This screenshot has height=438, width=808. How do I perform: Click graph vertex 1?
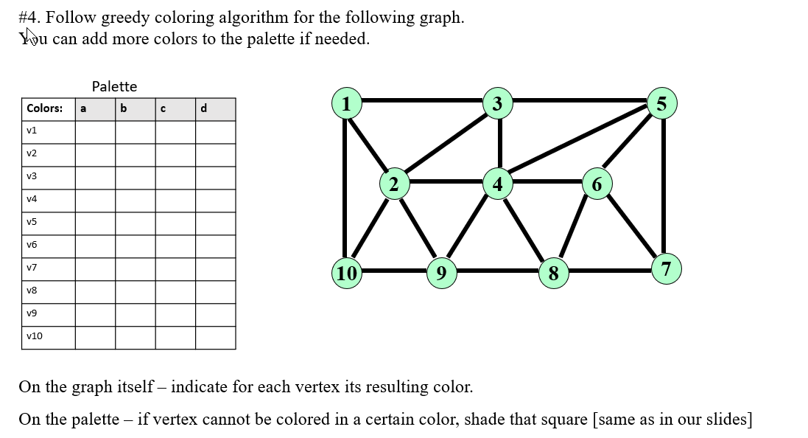346,103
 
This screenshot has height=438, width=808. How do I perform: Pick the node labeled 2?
394,184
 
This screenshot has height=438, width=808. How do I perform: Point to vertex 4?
498,183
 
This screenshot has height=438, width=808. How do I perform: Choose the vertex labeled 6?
597,184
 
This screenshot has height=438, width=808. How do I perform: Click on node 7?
666,269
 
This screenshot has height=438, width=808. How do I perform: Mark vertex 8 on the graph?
553,273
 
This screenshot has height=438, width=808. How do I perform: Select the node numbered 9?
440,273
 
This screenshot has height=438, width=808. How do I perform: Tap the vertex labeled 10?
346,273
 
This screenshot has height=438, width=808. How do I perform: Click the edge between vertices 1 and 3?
422,100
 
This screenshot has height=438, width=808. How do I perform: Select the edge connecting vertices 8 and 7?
609,271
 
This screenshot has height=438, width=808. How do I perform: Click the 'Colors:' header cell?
45,108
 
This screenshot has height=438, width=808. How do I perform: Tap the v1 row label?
32,131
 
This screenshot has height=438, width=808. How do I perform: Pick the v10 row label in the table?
34,336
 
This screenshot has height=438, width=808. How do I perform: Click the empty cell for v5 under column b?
135,222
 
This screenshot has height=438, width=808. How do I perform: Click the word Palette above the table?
114,86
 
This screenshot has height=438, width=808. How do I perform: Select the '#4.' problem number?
29,18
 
